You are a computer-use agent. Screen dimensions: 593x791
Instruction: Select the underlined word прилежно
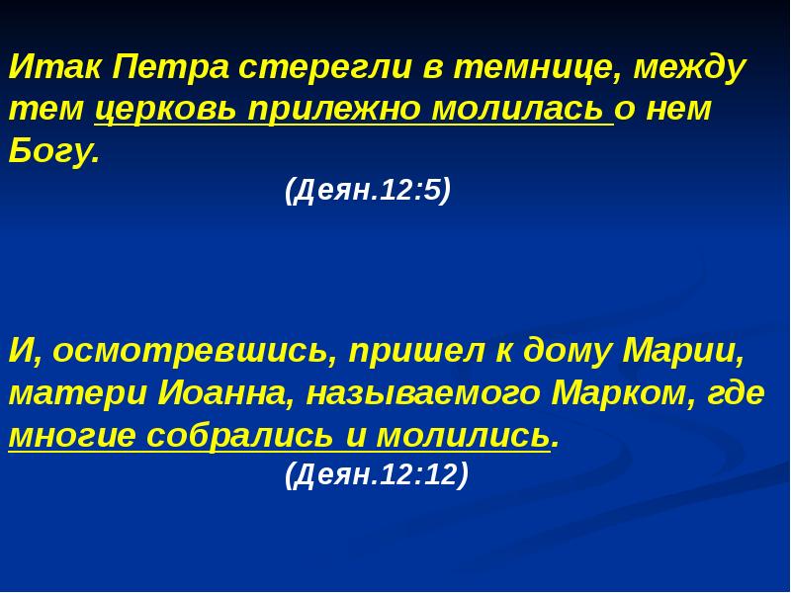[335, 111]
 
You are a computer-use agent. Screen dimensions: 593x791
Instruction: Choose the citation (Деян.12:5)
[368, 190]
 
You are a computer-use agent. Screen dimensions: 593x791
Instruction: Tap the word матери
[74, 394]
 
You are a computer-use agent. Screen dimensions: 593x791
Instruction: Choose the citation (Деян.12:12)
[377, 476]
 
